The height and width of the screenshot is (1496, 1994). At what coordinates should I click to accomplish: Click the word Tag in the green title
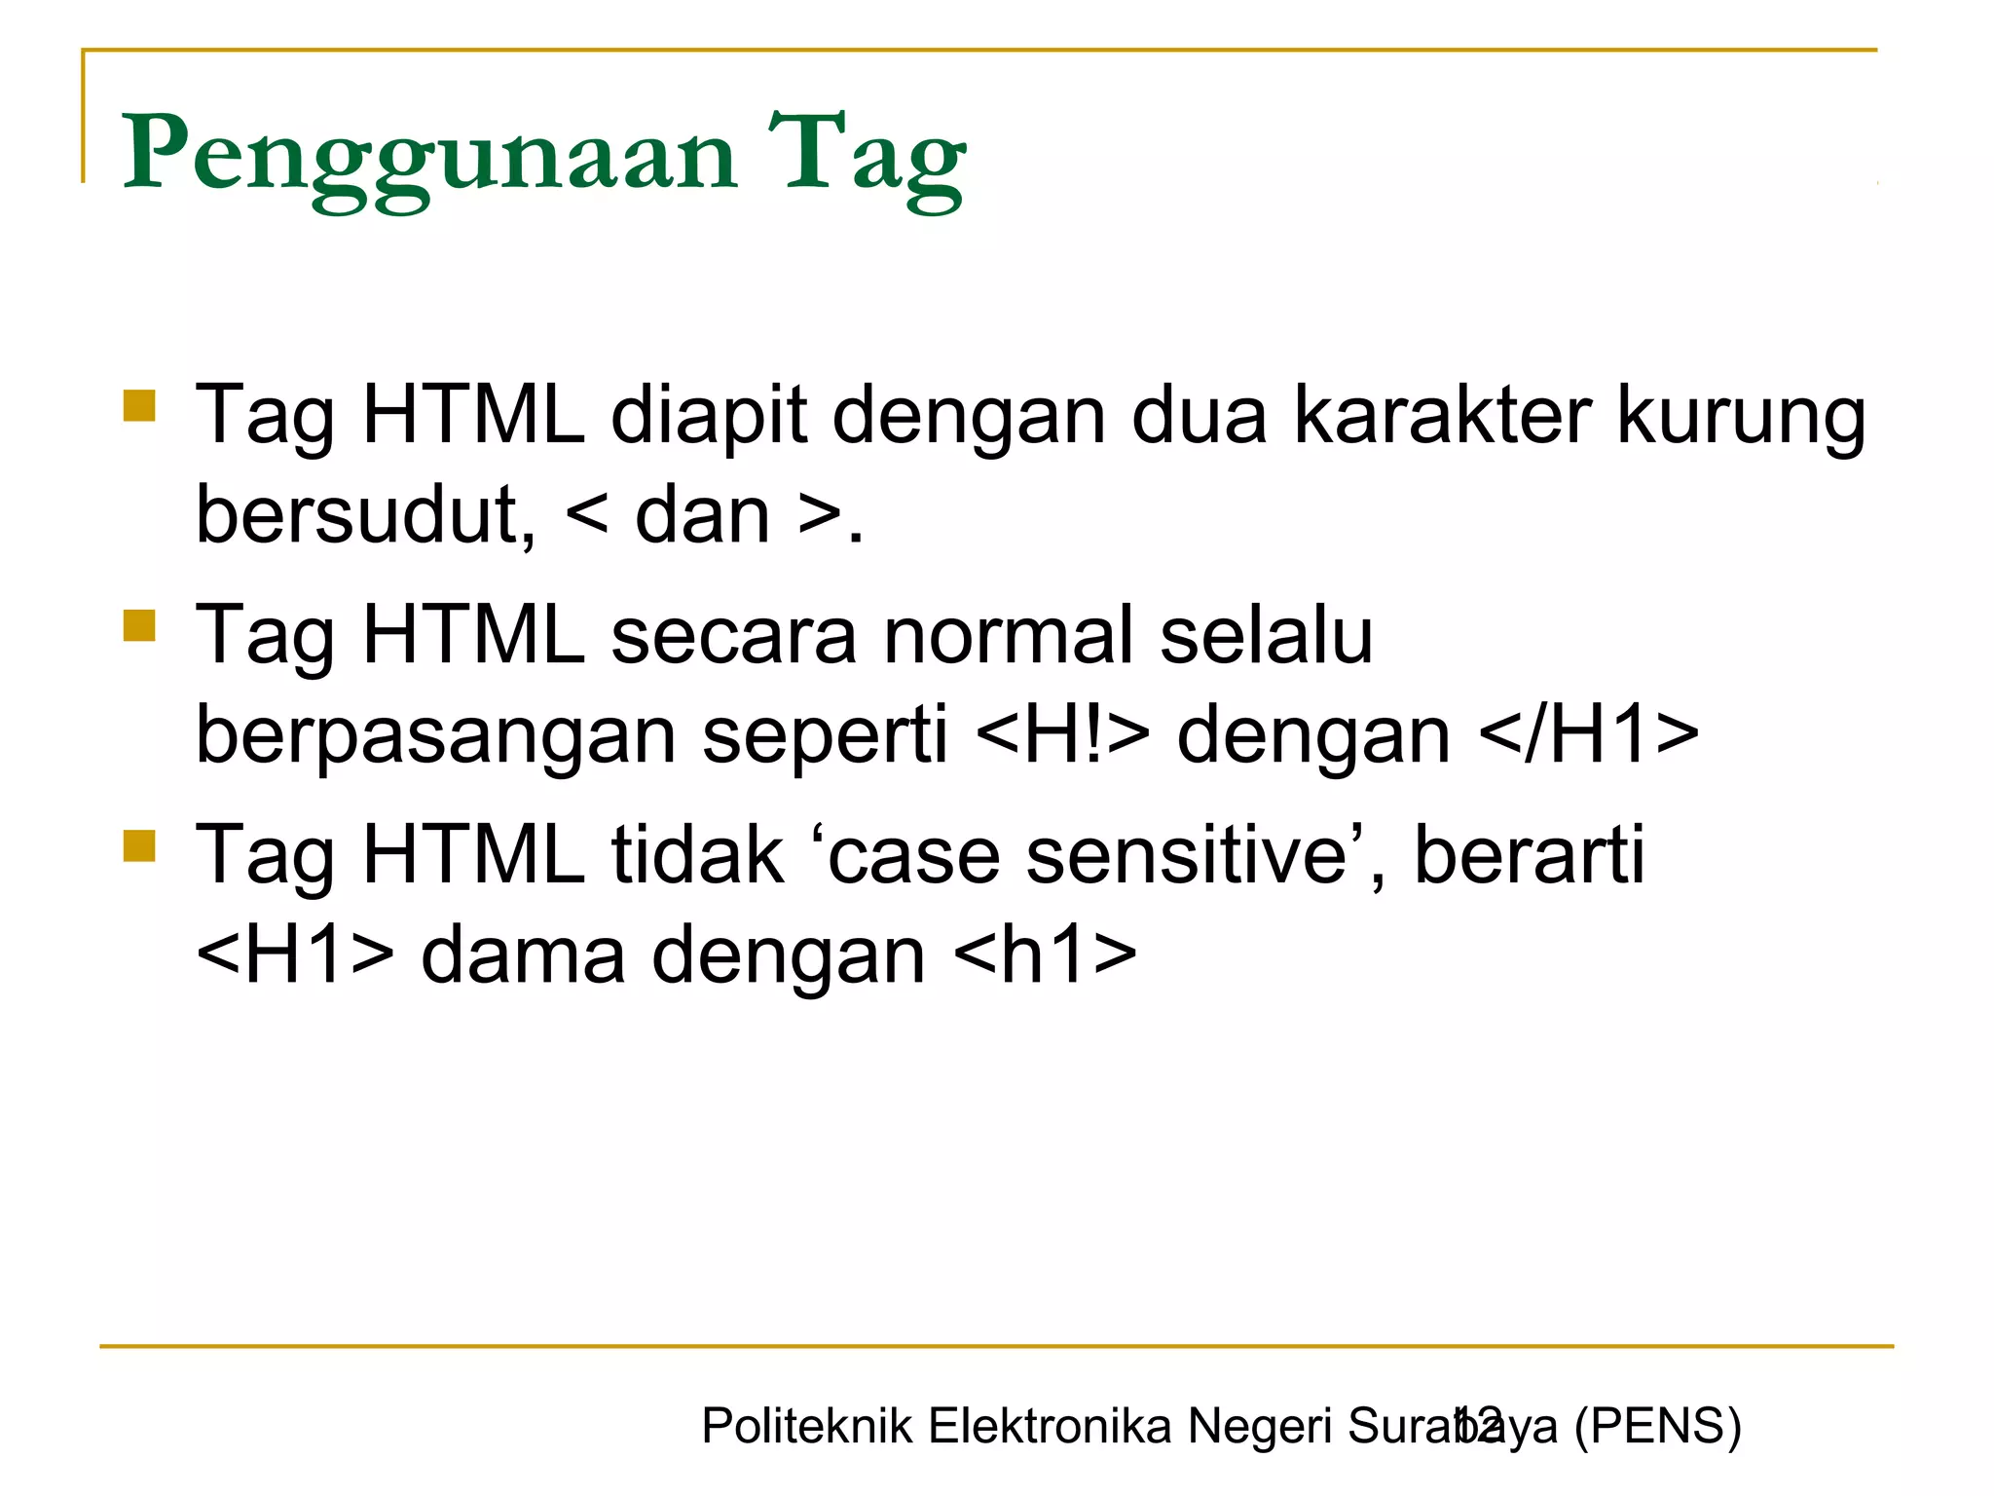867,156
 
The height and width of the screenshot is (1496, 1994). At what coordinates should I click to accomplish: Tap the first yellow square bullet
140,405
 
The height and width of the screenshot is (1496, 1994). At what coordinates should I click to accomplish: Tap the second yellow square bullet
140,625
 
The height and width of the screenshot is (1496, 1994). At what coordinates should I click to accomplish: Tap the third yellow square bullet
140,845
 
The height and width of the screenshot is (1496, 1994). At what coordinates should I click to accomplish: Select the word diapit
709,416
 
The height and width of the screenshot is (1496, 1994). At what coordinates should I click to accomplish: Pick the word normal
1009,636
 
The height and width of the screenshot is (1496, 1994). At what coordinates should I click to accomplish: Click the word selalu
1266,636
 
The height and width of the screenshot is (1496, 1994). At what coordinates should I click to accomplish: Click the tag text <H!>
1061,735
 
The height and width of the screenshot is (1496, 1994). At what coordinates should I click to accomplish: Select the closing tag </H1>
1588,735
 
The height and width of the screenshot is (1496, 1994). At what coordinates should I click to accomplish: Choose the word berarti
1529,856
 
